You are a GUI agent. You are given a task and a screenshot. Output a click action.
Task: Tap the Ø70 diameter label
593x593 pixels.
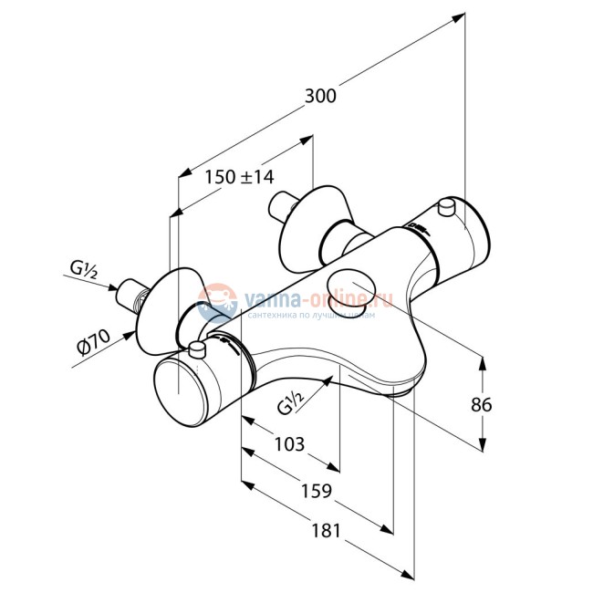point(93,346)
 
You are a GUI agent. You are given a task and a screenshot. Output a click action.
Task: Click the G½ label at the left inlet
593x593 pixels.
point(85,269)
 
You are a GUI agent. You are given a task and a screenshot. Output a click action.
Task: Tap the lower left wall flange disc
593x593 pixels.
point(165,305)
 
